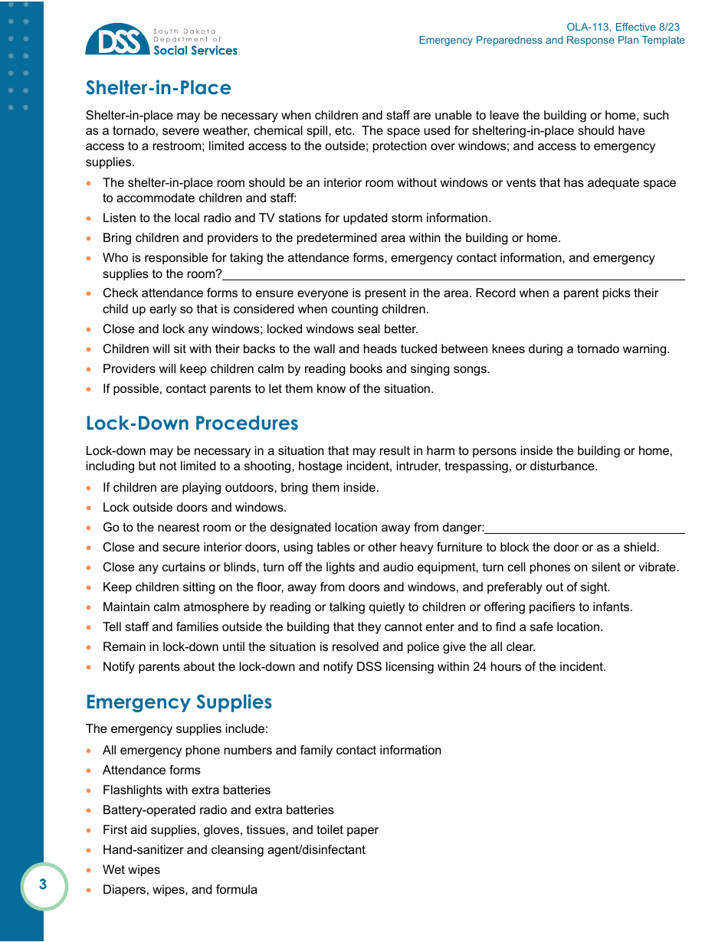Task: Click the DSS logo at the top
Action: click(117, 40)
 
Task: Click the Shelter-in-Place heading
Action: click(159, 88)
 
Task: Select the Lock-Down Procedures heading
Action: click(192, 424)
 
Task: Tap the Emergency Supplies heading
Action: click(179, 702)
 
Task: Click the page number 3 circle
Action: click(43, 885)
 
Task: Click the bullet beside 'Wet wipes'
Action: click(90, 870)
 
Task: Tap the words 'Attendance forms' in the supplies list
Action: click(151, 770)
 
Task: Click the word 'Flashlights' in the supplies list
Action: click(133, 790)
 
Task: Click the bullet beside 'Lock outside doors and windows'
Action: click(90, 508)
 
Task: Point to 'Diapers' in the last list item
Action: click(124, 890)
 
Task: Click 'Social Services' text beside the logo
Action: click(195, 51)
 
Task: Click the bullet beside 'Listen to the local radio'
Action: click(90, 218)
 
